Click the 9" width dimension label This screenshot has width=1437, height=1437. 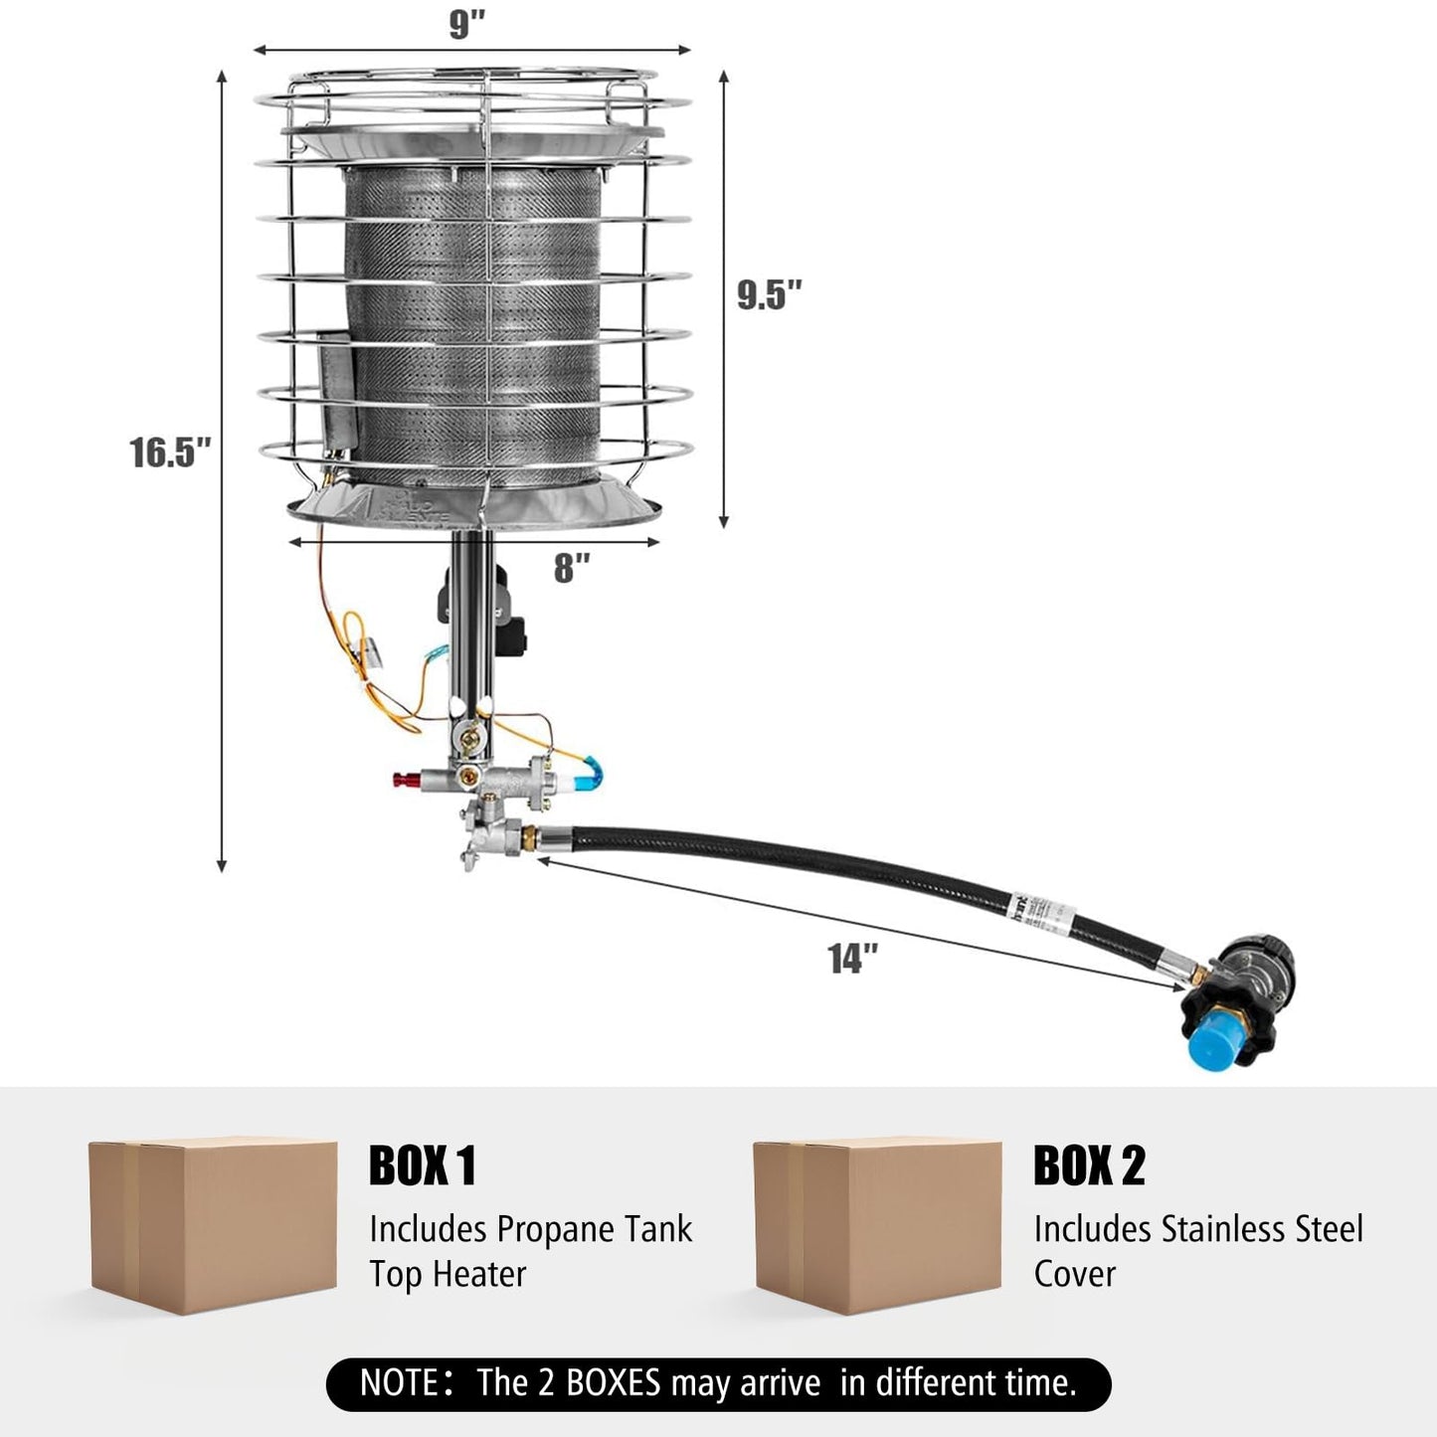coord(465,24)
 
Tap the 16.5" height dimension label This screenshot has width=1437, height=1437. coord(170,452)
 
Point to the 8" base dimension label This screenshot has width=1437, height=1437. coord(572,568)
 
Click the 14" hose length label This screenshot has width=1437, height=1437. coord(853,959)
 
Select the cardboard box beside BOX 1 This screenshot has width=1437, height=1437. coord(213,1225)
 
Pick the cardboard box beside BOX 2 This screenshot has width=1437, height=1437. coord(877,1225)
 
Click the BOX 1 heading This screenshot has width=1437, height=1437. coord(423,1166)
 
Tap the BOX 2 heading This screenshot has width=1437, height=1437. coord(1089,1166)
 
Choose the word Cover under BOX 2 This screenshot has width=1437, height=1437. coord(1074,1274)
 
